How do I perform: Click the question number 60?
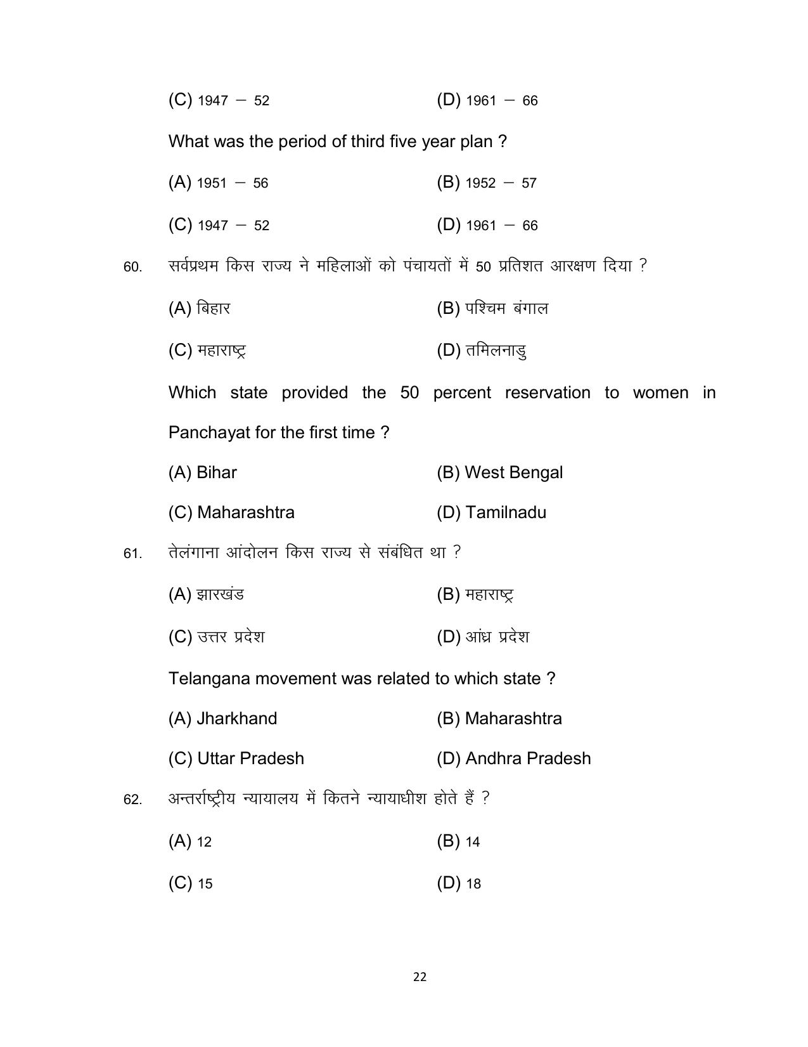132,268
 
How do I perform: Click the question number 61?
132,554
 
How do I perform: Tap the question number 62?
132,800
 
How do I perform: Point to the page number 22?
420,977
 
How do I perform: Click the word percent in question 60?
461,393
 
